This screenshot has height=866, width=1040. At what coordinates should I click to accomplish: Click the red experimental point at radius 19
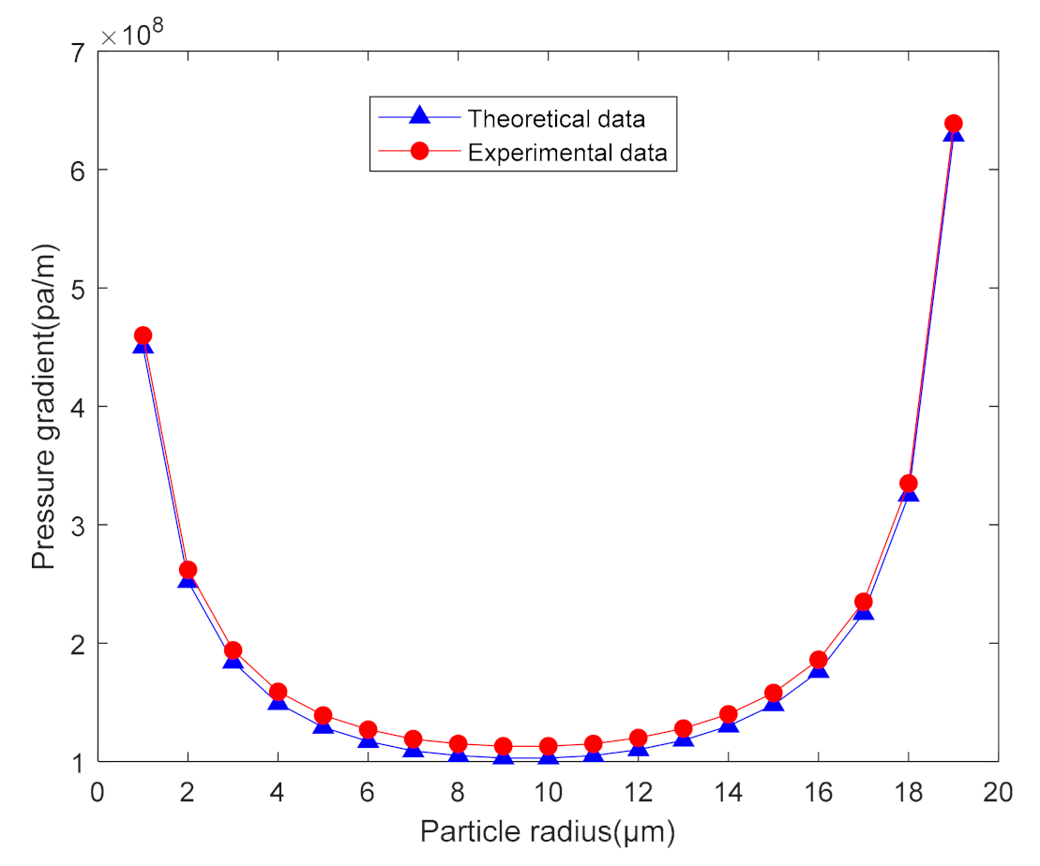(x=953, y=124)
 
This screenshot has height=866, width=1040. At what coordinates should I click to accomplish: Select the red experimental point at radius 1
(x=143, y=336)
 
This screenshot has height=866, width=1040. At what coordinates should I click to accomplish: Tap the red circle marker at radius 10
(x=548, y=747)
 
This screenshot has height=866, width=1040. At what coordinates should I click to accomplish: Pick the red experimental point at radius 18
(x=908, y=484)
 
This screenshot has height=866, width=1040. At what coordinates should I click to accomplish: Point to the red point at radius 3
(x=233, y=650)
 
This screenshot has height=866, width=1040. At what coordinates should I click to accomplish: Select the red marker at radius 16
(x=818, y=660)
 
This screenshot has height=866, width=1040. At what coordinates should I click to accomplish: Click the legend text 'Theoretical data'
(x=556, y=119)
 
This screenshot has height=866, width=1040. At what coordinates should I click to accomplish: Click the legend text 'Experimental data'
(x=567, y=153)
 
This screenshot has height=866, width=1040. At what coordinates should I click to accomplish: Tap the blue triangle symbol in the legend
(x=419, y=118)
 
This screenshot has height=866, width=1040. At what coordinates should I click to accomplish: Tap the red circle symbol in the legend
(x=419, y=153)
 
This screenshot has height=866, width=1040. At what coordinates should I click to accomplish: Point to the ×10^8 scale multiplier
(x=133, y=35)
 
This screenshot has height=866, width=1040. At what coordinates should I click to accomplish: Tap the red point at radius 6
(x=368, y=729)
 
